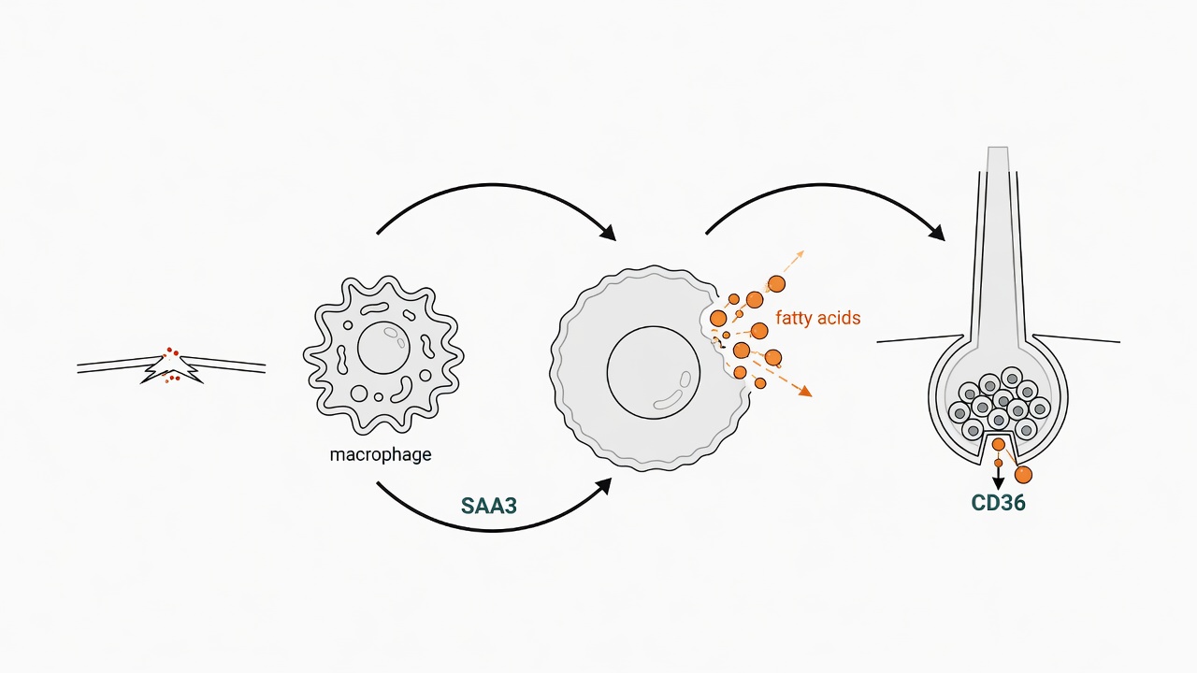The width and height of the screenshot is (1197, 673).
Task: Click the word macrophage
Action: (x=381, y=455)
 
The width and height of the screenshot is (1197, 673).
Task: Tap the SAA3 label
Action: (x=489, y=506)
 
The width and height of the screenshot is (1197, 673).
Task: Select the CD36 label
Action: (x=998, y=503)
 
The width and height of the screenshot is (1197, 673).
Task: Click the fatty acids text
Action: (x=818, y=318)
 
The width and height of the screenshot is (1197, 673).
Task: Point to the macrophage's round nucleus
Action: (x=383, y=348)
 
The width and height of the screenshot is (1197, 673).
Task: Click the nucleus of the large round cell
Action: (x=654, y=373)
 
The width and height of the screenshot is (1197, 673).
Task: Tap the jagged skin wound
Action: (x=171, y=367)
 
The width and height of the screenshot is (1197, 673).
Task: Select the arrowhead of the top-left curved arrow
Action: (x=608, y=233)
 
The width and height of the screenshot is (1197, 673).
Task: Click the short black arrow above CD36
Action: (x=998, y=478)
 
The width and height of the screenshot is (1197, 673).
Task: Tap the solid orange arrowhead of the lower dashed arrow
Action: (x=805, y=392)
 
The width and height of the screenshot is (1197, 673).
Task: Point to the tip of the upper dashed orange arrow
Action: (x=803, y=251)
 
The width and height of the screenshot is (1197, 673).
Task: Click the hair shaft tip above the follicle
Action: (x=998, y=148)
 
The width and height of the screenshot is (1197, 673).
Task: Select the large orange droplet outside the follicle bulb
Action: (x=1023, y=474)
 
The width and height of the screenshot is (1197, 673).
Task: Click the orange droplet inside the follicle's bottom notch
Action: (x=998, y=444)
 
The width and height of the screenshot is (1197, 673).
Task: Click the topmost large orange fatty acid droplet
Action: (x=776, y=283)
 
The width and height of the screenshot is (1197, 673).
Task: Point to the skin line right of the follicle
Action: (x=1076, y=338)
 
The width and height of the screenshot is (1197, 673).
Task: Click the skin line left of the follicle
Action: (x=920, y=338)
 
